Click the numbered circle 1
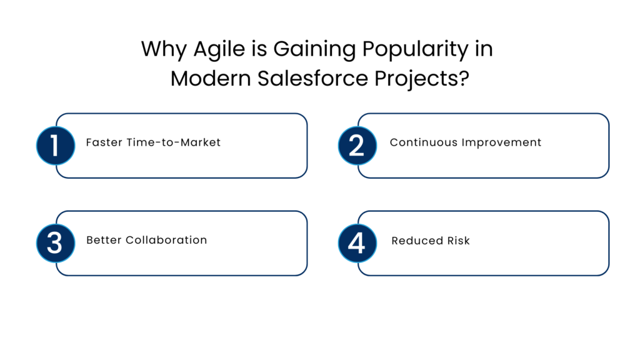(x=55, y=146)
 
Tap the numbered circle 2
(x=357, y=146)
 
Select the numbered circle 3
(x=55, y=243)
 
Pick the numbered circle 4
(x=357, y=243)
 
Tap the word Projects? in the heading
(x=425, y=79)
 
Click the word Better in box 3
(x=104, y=240)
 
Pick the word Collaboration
(x=166, y=240)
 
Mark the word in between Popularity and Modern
(x=484, y=49)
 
